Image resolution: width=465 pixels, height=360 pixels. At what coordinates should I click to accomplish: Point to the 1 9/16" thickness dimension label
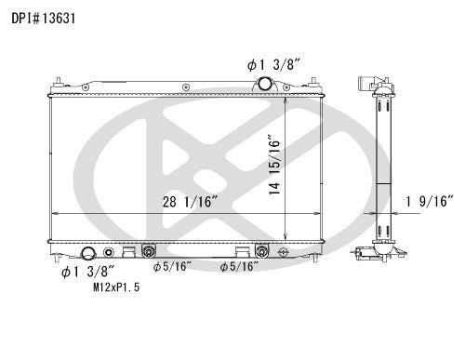[x=430, y=199]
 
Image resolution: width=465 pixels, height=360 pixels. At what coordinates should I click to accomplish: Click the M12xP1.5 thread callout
[x=116, y=288]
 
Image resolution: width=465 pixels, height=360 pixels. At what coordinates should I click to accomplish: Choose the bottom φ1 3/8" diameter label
[x=86, y=273]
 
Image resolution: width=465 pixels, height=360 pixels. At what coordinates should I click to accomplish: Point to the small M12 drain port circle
[x=111, y=252]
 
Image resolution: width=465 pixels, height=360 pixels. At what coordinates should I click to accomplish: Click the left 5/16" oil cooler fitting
[x=148, y=250]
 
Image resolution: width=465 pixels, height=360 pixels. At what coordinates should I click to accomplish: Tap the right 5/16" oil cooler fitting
[x=262, y=250]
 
